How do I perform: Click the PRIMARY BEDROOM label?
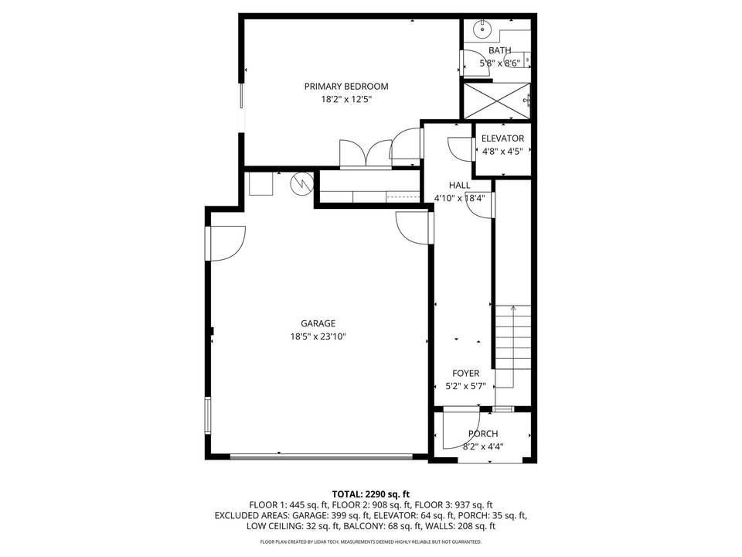345,87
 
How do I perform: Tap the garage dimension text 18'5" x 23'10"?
318,337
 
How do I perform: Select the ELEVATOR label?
502,138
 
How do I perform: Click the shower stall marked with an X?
495,100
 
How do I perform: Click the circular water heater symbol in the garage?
299,183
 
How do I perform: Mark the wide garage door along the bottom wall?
327,456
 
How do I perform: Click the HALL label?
459,185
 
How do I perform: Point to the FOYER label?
465,374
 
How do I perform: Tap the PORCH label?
483,434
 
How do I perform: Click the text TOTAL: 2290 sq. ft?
370,494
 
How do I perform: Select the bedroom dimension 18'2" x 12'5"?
345,100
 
